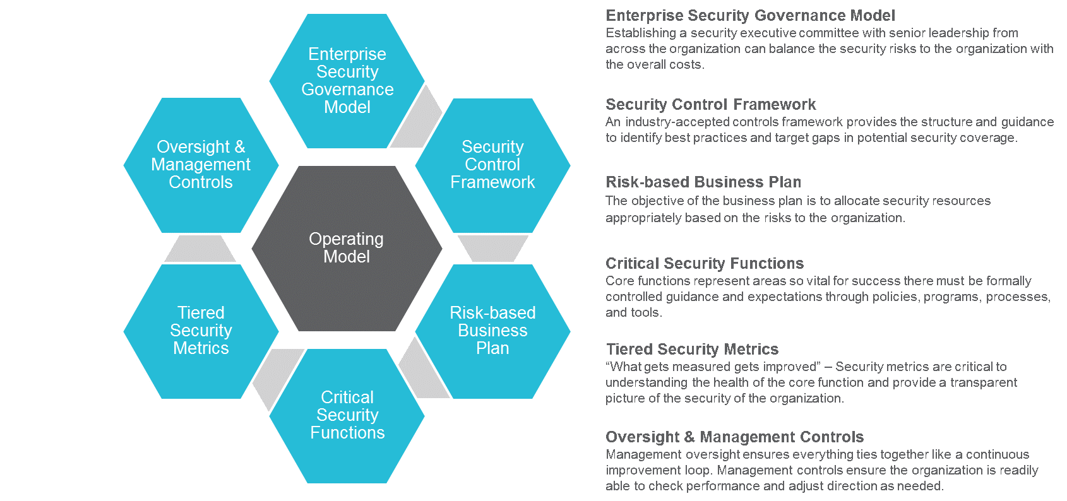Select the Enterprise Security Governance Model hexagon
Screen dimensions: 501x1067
click(x=347, y=81)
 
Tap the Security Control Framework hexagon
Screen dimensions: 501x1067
click(x=492, y=165)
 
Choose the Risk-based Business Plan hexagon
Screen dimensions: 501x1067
click(x=492, y=331)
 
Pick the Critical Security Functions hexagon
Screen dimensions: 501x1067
click(x=347, y=415)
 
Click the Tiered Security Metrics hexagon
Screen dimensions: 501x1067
click(x=201, y=331)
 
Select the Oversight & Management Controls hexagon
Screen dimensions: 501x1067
click(x=201, y=165)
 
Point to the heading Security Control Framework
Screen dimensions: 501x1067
click(x=710, y=105)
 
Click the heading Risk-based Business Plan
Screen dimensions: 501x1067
click(x=703, y=182)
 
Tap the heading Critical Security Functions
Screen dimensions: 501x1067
click(x=705, y=264)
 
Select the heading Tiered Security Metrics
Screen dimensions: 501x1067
click(x=692, y=350)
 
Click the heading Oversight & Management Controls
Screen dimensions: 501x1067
click(x=734, y=437)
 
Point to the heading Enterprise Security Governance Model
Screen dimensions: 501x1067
click(x=750, y=16)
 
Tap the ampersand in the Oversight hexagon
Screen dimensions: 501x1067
click(x=239, y=147)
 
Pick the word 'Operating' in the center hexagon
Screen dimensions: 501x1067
click(x=346, y=239)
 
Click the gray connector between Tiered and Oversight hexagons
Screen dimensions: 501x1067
click(x=201, y=249)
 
